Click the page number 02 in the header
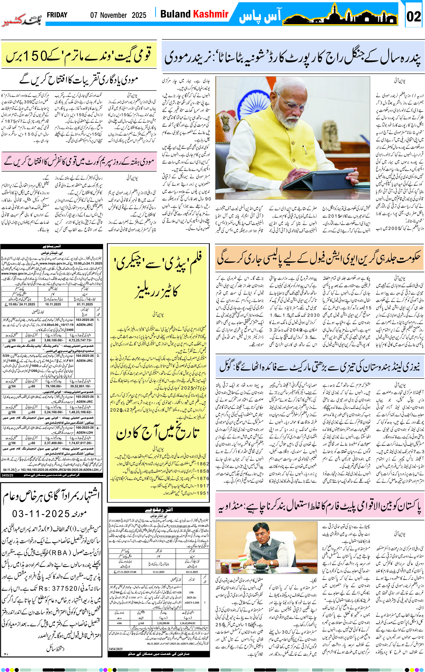click(413, 16)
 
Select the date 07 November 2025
click(118, 15)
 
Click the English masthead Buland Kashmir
click(194, 14)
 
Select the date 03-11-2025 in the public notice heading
click(41, 514)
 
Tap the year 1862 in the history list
click(203, 463)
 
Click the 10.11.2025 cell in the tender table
click(53, 304)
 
